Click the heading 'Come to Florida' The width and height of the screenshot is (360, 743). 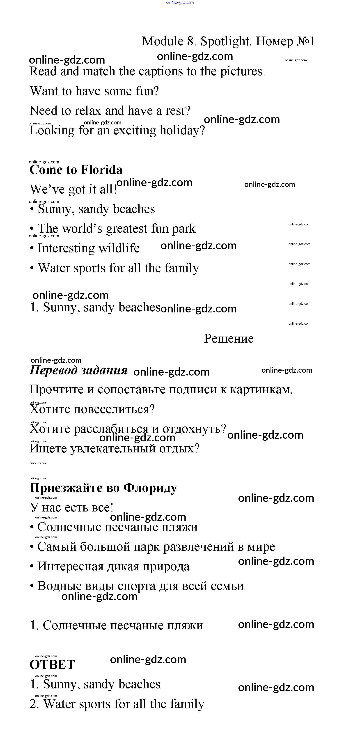coord(76,170)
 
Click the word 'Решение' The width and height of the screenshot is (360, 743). coord(229,339)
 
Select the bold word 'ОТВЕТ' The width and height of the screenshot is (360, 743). coord(52,665)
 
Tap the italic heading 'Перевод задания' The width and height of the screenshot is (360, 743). coord(78,370)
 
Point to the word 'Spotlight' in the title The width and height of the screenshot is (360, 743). coord(226,41)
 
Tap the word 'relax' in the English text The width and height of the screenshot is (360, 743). coord(88,111)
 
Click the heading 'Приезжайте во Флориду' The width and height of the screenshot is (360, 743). coord(103,488)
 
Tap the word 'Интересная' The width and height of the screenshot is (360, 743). coord(70,566)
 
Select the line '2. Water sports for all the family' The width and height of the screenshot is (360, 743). coord(117,704)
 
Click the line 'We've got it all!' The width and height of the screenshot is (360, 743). coord(73,190)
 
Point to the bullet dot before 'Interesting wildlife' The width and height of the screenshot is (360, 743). coord(32,249)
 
